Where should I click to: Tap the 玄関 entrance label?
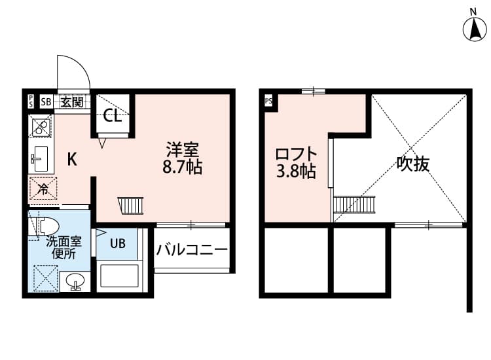point(72,101)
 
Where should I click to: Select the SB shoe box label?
point(46,101)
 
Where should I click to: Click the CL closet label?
point(112,117)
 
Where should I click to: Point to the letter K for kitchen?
point(73,158)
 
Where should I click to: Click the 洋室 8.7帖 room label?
point(182,158)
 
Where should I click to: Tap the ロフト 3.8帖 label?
point(295,164)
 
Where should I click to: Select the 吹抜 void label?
point(413,164)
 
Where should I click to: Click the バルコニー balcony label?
point(192,249)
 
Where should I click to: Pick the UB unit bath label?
point(117,244)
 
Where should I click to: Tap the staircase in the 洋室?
point(130,206)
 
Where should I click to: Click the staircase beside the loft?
point(354,206)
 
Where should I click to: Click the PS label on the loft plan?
point(268,101)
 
